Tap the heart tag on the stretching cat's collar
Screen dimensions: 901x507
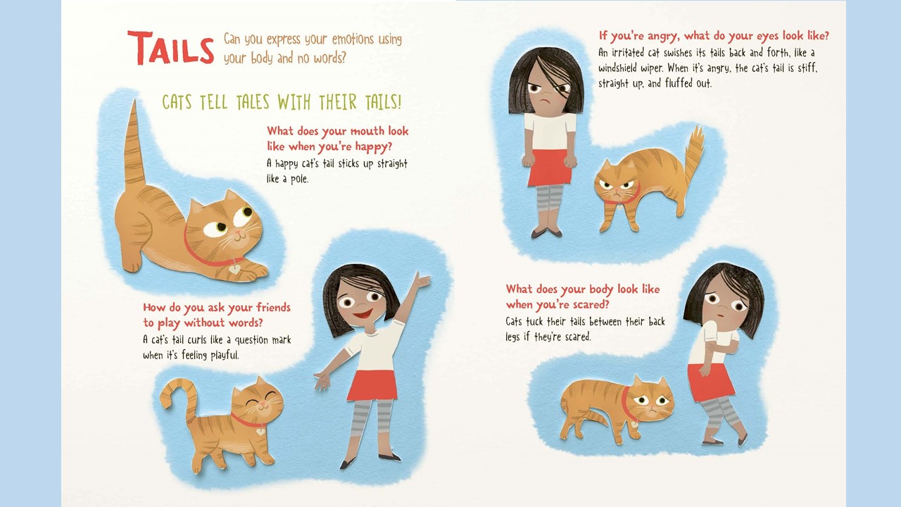click(x=234, y=268)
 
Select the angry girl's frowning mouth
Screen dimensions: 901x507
click(x=544, y=101)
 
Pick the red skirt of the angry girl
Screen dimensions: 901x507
click(x=550, y=168)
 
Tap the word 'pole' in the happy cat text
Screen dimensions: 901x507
click(x=299, y=179)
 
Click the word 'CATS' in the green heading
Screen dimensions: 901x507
click(x=177, y=102)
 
